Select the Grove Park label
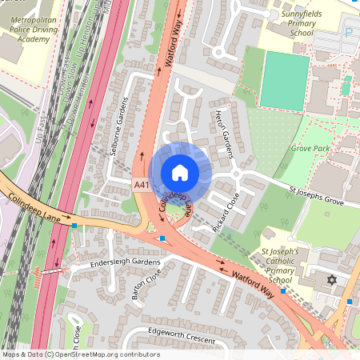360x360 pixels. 311,148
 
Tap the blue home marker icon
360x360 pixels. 180,173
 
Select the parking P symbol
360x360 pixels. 348,33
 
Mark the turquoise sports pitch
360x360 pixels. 284,80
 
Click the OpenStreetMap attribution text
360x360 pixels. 81,354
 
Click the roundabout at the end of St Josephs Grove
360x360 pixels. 237,175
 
